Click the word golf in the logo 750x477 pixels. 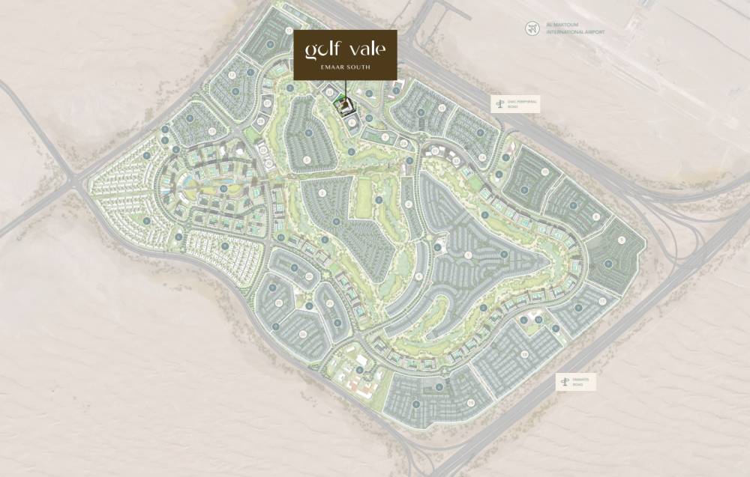coord(322,50)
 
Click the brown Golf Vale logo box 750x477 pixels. coord(345,55)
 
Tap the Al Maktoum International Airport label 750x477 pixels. coord(576,28)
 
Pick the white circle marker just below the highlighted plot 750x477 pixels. coord(351,122)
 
